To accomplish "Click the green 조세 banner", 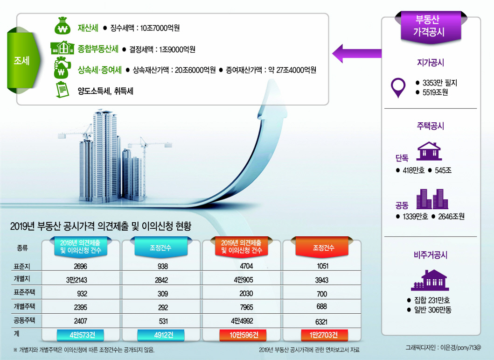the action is point(23,60).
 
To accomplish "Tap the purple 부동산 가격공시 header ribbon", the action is point(431,26).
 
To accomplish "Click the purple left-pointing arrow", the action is point(357,53).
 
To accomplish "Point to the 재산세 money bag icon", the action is point(63,26).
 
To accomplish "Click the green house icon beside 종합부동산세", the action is point(63,48).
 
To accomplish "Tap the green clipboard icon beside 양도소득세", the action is point(62,90).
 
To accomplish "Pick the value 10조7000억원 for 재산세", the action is point(160,28).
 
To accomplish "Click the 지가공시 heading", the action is point(431,63).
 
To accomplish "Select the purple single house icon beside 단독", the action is point(429,151).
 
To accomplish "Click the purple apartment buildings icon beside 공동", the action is point(432,199).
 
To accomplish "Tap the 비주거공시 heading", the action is point(431,255).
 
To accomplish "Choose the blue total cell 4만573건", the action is point(80,335).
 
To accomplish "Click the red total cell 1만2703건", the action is point(324,335).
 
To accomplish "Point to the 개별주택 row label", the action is point(24,306).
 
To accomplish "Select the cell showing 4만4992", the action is point(242,321).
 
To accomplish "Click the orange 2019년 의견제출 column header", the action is point(241,247).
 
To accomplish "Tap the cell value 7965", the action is point(246,307).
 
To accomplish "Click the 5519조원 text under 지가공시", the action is point(435,92).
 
